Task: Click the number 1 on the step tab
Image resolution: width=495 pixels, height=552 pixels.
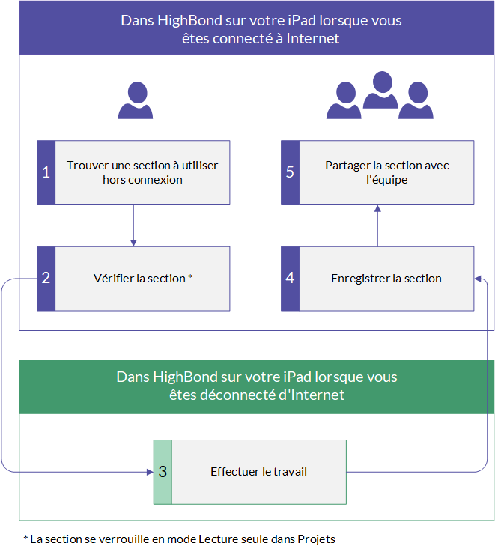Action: click(46, 172)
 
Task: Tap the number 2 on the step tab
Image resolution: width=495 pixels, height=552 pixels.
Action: click(46, 278)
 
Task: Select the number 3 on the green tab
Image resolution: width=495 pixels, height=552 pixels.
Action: click(163, 472)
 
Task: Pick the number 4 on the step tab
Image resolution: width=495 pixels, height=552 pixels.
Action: click(290, 278)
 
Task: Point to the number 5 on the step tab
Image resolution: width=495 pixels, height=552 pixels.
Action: click(290, 172)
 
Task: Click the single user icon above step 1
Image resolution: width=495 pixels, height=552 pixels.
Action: click(136, 100)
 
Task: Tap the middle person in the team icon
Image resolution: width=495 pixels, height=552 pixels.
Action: click(380, 90)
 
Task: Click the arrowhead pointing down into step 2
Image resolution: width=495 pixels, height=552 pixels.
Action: click(133, 243)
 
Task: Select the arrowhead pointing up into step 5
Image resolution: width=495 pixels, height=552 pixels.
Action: click(377, 208)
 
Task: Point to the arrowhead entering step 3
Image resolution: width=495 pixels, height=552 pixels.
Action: click(150, 472)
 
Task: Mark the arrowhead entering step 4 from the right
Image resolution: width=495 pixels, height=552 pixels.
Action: click(478, 279)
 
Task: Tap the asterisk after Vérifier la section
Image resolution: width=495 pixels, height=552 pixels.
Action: click(190, 276)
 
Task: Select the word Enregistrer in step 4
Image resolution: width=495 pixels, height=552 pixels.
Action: click(360, 279)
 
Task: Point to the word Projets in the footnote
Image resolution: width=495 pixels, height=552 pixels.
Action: click(316, 539)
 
